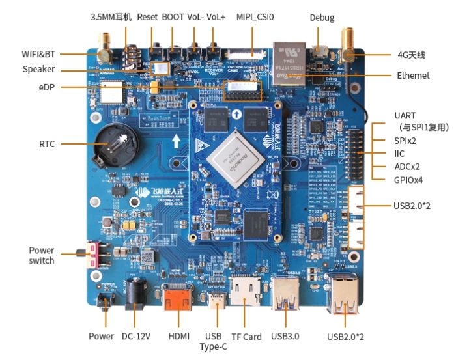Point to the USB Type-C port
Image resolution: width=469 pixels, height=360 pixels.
coord(213,301)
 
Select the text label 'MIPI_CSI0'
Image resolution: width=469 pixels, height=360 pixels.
coord(254,18)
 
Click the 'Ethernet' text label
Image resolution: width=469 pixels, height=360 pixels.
coord(413,76)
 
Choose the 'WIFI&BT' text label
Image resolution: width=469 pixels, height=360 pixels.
coord(38,53)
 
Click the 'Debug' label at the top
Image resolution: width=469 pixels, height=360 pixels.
coord(322,18)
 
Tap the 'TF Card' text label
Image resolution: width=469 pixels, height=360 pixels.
coord(246,337)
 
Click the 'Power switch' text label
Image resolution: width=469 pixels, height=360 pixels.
coord(42,255)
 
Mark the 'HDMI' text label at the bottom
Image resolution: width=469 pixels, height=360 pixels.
coord(178,337)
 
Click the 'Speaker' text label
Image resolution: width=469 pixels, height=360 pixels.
coord(38,70)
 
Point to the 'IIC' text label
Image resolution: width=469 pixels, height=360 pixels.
coord(399,153)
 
